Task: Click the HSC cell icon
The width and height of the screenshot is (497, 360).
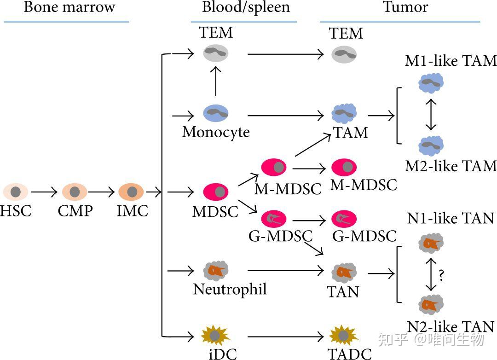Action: coord(16,191)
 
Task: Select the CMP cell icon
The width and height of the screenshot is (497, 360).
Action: coord(75,191)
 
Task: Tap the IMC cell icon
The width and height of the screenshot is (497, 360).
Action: coord(131,191)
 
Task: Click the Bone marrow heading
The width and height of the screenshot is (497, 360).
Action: coord(69,7)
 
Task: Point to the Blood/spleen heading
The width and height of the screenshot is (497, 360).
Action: coord(246,7)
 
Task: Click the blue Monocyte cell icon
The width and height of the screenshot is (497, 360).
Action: coord(216,113)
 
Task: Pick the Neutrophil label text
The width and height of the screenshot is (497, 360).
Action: coord(230,289)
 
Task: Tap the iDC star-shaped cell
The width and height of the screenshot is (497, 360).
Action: coord(215,336)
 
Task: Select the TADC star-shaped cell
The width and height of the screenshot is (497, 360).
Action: coord(344,336)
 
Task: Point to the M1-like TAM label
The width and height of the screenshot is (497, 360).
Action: coord(451,61)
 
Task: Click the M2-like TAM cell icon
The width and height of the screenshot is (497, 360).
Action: coord(431,145)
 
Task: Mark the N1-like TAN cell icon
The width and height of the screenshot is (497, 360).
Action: coord(431,243)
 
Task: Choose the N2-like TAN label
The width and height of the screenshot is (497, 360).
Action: coord(451,326)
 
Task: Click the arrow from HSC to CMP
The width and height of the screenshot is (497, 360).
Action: coord(44,191)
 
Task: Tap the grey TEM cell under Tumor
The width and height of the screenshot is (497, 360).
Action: coord(344,54)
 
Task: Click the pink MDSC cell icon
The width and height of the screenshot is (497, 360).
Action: coord(216,191)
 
